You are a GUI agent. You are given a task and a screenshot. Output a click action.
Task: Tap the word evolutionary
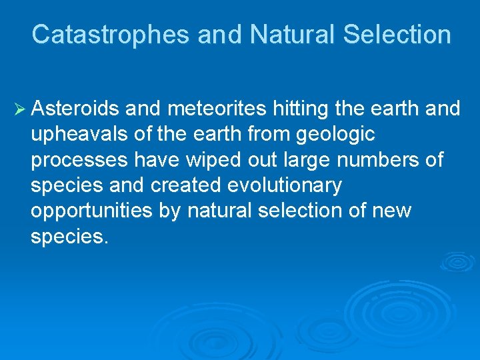pos(285,186)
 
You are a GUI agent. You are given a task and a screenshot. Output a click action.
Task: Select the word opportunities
pos(91,211)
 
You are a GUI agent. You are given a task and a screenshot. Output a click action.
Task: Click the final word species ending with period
pos(69,237)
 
